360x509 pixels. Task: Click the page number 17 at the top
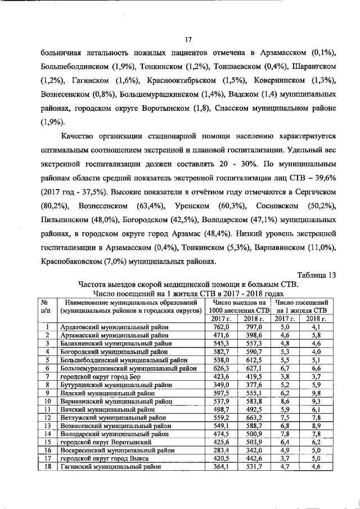point(189,39)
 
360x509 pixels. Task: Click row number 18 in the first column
point(48,467)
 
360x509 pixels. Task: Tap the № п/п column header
point(48,306)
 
